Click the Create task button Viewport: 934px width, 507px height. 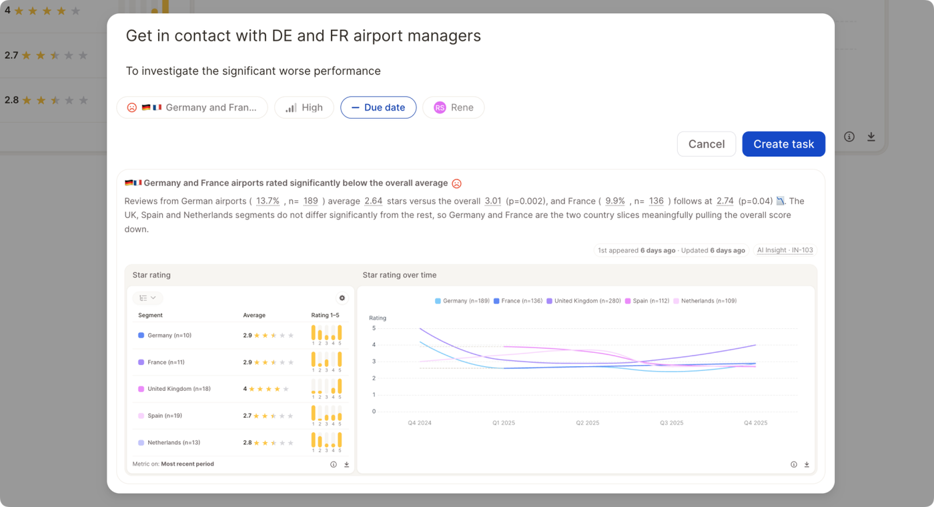(x=783, y=144)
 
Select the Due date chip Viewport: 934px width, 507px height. (x=378, y=107)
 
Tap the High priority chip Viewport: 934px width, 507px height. (x=304, y=107)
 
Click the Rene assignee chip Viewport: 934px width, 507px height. (x=453, y=107)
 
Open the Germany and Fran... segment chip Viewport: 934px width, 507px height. (x=192, y=107)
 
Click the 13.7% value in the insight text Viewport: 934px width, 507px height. (x=268, y=201)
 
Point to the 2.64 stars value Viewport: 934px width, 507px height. (x=373, y=201)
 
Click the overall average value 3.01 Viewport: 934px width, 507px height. (x=493, y=201)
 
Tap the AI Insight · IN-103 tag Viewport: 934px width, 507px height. (x=785, y=250)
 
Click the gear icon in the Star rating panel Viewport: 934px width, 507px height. (x=342, y=298)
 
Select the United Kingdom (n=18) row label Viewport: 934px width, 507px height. (x=179, y=388)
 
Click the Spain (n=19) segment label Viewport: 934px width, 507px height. (x=165, y=415)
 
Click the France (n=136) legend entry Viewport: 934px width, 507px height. (x=518, y=301)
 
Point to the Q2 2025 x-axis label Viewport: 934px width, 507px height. (x=588, y=423)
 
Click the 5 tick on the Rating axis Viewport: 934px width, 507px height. (x=374, y=328)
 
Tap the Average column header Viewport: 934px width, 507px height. (x=254, y=315)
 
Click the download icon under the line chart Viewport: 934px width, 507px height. (x=807, y=464)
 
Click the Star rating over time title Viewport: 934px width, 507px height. (x=400, y=275)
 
